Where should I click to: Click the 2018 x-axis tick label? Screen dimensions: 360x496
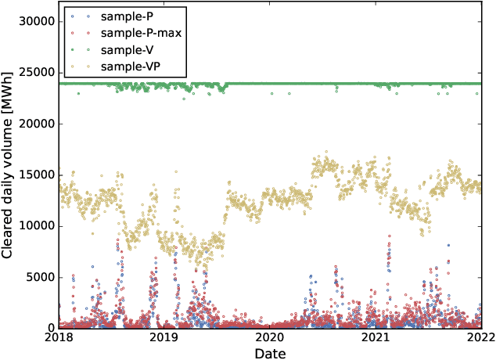tap(59, 338)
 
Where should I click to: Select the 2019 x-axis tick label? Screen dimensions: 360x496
tap(164, 338)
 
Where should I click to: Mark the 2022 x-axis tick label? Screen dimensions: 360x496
tap(480, 338)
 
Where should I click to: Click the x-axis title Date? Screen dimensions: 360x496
tap(270, 354)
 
